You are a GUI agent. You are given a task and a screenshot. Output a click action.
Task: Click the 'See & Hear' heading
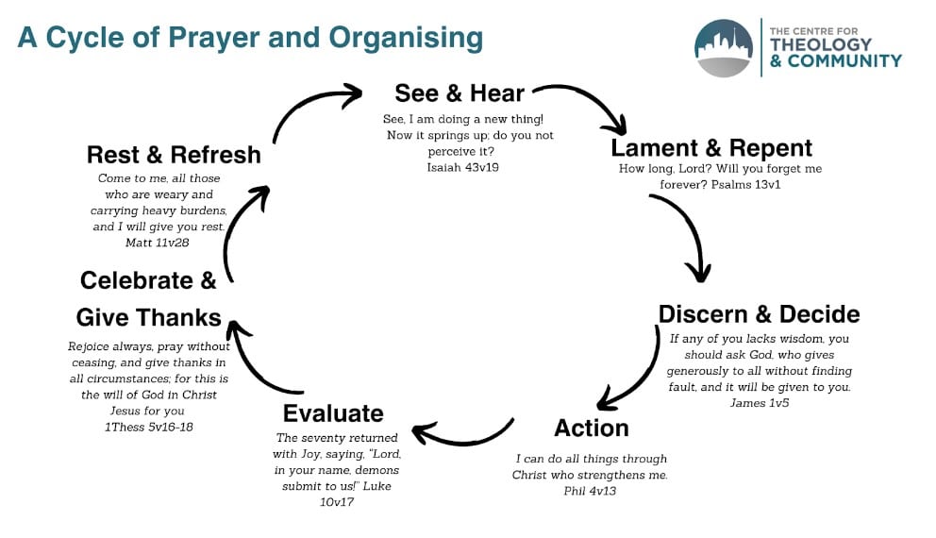460,93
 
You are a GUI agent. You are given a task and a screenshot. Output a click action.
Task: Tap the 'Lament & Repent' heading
711,148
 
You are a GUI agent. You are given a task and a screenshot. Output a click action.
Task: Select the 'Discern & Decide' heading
759,314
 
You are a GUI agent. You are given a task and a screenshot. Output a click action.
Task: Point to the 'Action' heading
592,428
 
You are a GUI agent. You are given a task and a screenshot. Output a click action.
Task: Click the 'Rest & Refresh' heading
174,154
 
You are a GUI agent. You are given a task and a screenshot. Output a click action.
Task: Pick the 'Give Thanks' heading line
149,317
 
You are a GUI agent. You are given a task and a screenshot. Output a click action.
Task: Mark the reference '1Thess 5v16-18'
149,428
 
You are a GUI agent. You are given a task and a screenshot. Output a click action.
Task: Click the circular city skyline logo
724,48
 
